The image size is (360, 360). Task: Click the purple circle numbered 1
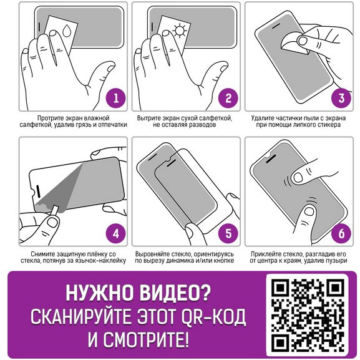pyautogui.click(x=116, y=98)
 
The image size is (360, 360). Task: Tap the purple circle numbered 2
pyautogui.click(x=229, y=98)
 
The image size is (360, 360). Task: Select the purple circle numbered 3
pyautogui.click(x=341, y=98)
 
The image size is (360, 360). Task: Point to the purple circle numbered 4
pyautogui.click(x=116, y=233)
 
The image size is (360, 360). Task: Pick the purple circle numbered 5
pyautogui.click(x=229, y=233)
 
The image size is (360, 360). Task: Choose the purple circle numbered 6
pyautogui.click(x=341, y=233)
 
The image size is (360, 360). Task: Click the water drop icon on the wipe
pyautogui.click(x=67, y=30)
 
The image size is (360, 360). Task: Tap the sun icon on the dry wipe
pyautogui.click(x=179, y=31)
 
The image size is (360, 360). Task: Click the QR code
pyautogui.click(x=308, y=315)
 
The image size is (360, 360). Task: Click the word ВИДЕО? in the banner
pyautogui.click(x=175, y=293)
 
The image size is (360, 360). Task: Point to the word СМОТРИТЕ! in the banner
pyautogui.click(x=146, y=339)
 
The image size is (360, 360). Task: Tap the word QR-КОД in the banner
pyautogui.click(x=213, y=317)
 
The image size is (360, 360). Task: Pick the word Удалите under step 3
pyautogui.click(x=262, y=119)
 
